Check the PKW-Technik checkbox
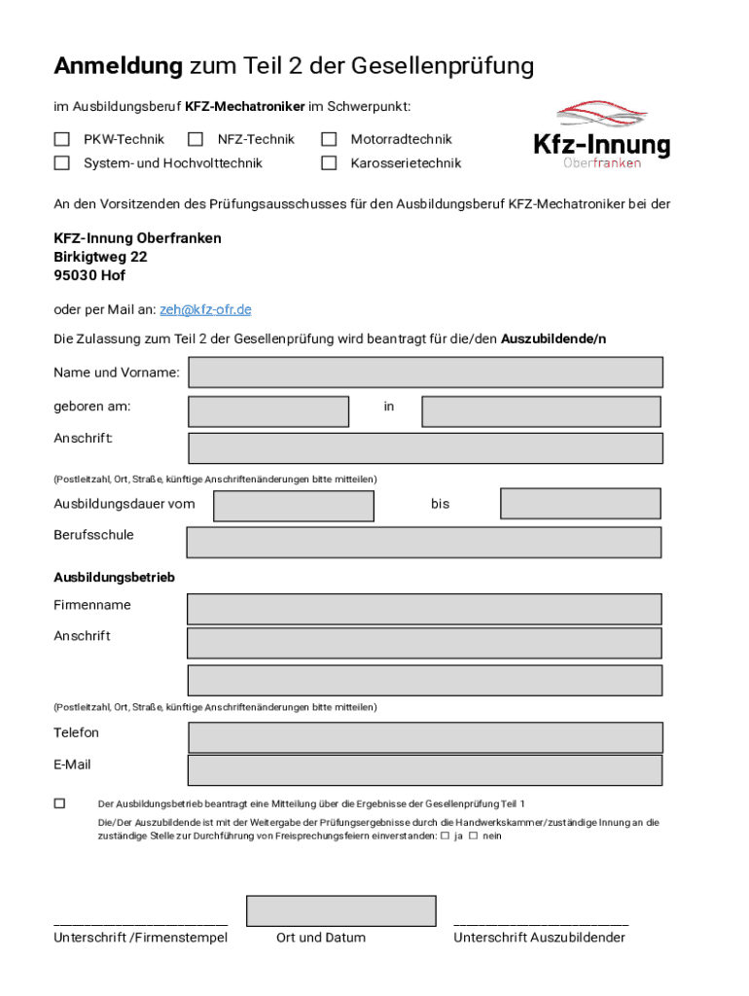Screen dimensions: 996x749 coord(61,139)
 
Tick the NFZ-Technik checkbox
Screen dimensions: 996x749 coord(196,139)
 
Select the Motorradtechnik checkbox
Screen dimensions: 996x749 coord(329,139)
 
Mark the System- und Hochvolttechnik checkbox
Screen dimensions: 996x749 coord(61,162)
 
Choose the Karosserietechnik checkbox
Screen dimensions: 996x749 coord(329,162)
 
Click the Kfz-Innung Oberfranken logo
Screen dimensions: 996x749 coord(601,136)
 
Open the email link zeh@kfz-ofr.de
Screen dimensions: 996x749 coord(205,309)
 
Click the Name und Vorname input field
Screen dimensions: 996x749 coord(425,373)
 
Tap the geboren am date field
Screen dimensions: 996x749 coord(267,411)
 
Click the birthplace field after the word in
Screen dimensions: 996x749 coord(541,411)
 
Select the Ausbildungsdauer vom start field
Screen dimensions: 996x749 coord(293,506)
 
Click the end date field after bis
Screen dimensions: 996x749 coord(580,503)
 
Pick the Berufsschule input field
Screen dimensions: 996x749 coord(423,542)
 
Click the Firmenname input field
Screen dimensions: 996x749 coord(424,609)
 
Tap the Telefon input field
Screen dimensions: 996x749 coord(425,737)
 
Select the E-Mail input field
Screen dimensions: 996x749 coord(424,770)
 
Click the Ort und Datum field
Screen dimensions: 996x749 coord(340,910)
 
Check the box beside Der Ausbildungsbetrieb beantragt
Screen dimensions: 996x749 coord(59,803)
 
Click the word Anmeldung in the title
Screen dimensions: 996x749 coord(118,66)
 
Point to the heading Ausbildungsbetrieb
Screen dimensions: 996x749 coord(114,578)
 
